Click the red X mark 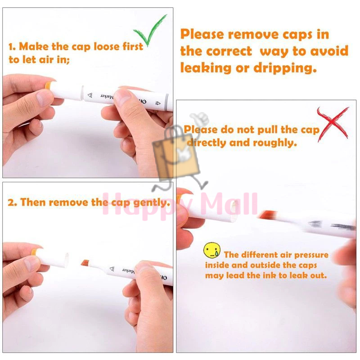tap(333, 124)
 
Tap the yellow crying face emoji tap(211, 250)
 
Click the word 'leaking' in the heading tap(206, 68)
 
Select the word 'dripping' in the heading tap(285, 68)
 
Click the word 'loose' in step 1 tap(107, 47)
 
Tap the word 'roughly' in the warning tap(275, 143)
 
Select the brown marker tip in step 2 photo tap(85, 262)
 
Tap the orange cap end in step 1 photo tap(48, 86)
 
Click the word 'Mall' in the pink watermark tap(229, 204)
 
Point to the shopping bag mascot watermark tap(177, 152)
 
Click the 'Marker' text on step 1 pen tap(107, 96)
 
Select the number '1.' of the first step tap(12, 47)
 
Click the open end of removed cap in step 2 tap(67, 260)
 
